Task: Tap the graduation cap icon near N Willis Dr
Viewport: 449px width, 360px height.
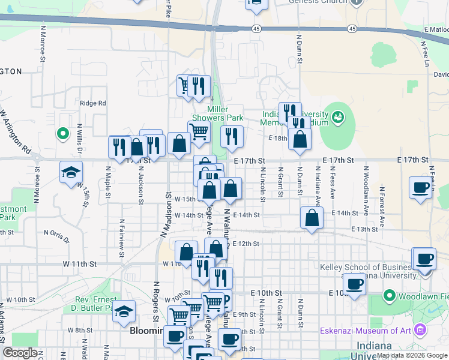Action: (x=71, y=173)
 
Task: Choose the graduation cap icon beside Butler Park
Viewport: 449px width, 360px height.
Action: (x=124, y=311)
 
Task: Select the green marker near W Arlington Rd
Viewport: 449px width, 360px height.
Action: (x=61, y=133)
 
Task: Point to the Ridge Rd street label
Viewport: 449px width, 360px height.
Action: (x=92, y=103)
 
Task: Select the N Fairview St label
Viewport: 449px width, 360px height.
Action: (x=121, y=233)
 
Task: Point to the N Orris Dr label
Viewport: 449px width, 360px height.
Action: (x=56, y=233)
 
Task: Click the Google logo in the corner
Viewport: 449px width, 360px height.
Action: (x=20, y=353)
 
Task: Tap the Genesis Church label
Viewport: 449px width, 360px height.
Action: (x=318, y=2)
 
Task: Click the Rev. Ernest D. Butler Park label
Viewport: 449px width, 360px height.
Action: (x=95, y=304)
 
